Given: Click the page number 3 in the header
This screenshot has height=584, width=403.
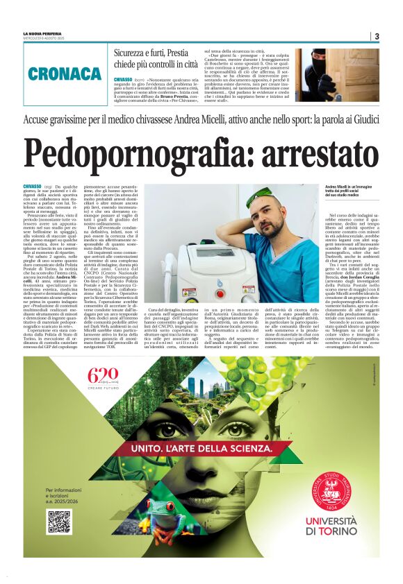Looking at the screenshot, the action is coord(377,37).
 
